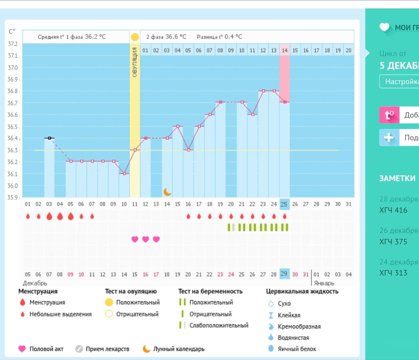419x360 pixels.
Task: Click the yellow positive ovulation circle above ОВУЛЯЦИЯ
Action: [x=134, y=37]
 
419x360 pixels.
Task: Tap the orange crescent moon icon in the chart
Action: [x=167, y=192]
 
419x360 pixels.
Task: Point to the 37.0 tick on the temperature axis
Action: [x=13, y=67]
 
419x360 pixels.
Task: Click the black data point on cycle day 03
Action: [x=49, y=138]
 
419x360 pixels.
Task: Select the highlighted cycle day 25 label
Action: [x=285, y=204]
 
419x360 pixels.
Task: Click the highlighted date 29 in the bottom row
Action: [x=285, y=274]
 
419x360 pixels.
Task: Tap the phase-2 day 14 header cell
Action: [x=285, y=50]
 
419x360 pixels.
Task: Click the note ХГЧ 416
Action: [x=393, y=210]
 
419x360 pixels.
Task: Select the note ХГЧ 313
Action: [x=393, y=273]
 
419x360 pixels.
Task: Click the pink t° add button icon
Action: [x=389, y=115]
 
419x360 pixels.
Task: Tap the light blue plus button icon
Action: [x=389, y=138]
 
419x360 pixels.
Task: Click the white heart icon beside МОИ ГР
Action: [x=384, y=28]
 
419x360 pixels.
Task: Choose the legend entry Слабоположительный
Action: [x=219, y=325]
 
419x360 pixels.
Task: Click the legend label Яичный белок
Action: [x=297, y=349]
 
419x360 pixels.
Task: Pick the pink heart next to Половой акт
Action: [x=22, y=349]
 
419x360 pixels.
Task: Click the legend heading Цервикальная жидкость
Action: [x=302, y=291]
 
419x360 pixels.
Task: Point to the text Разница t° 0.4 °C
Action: [x=219, y=37]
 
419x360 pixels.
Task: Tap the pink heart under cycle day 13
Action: [x=156, y=239]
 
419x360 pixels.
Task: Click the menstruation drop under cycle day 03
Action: [x=49, y=216]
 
